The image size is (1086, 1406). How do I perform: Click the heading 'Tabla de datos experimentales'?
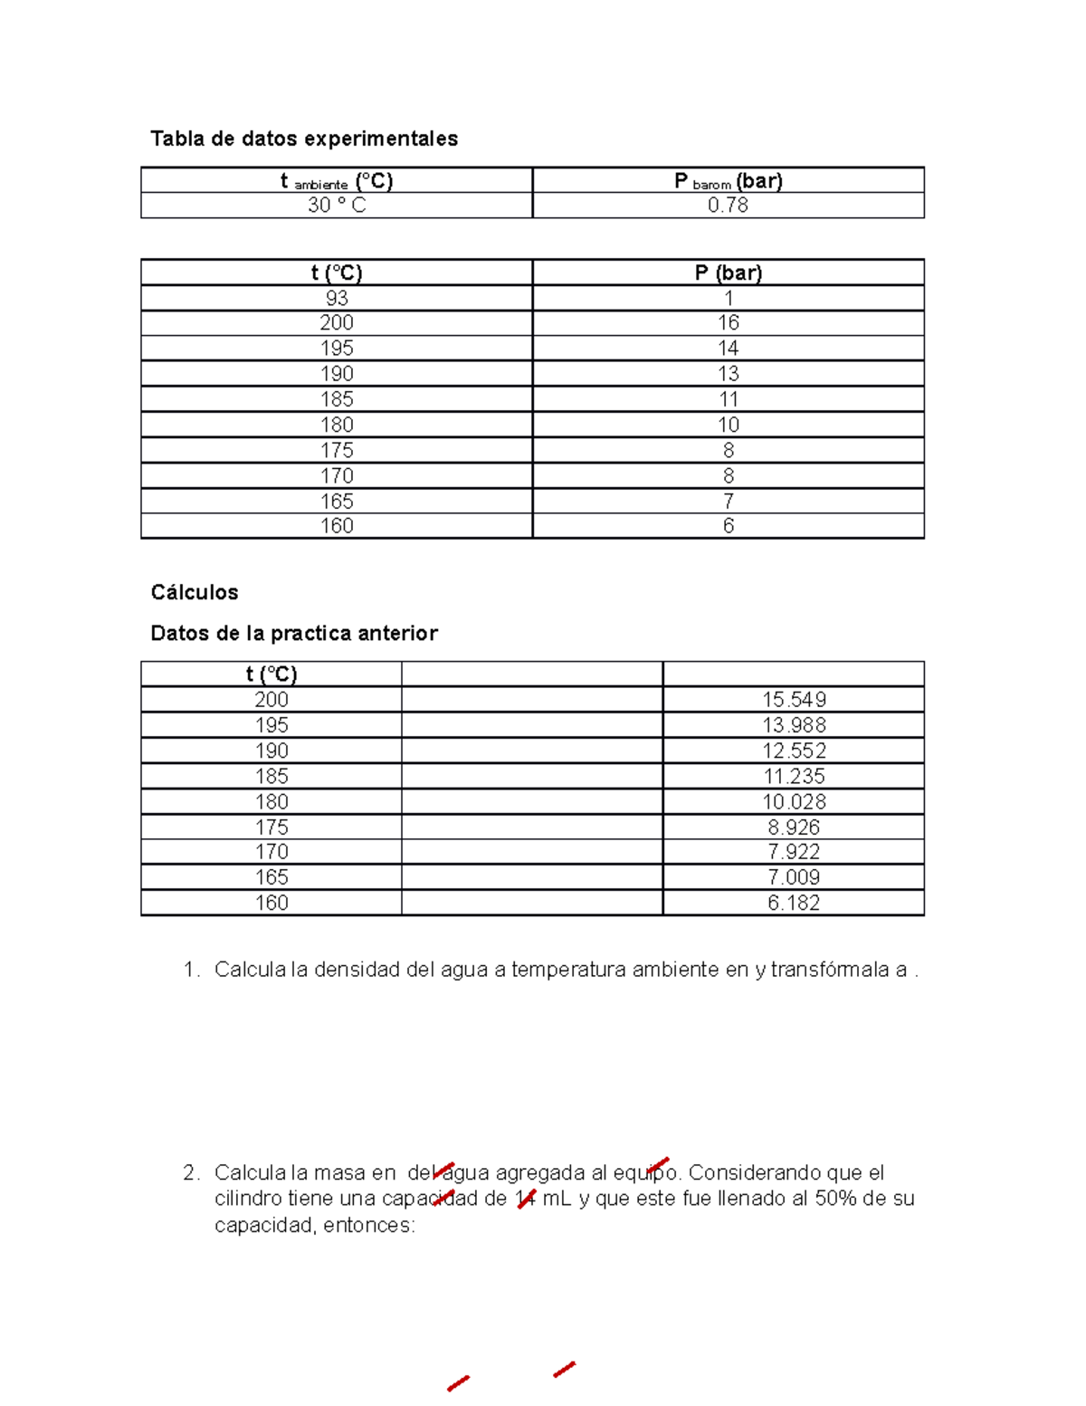tap(304, 139)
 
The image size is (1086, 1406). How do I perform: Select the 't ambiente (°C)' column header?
tap(337, 181)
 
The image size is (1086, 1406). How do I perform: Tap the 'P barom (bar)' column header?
tap(728, 181)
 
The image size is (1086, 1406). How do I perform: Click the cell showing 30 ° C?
tap(337, 206)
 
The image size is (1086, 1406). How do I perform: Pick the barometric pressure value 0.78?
tap(728, 206)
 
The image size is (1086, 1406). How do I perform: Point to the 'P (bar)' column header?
tap(728, 273)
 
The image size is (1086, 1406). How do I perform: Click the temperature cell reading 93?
tap(337, 298)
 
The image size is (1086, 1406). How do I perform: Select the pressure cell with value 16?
tap(728, 322)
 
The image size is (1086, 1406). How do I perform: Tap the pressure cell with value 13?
tap(728, 373)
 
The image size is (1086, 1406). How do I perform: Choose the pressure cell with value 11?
tap(728, 399)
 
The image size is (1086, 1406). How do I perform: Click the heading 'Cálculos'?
tap(195, 592)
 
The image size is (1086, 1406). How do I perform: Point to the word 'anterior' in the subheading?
tap(397, 633)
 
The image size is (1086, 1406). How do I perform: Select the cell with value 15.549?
tap(794, 700)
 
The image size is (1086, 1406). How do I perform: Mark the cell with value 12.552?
tap(794, 751)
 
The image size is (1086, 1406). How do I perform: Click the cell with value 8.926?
tap(794, 827)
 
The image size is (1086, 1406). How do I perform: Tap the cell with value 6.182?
tap(794, 903)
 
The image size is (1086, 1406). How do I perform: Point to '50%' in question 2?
tap(834, 1199)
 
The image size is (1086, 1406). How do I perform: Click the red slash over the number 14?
tap(526, 1199)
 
